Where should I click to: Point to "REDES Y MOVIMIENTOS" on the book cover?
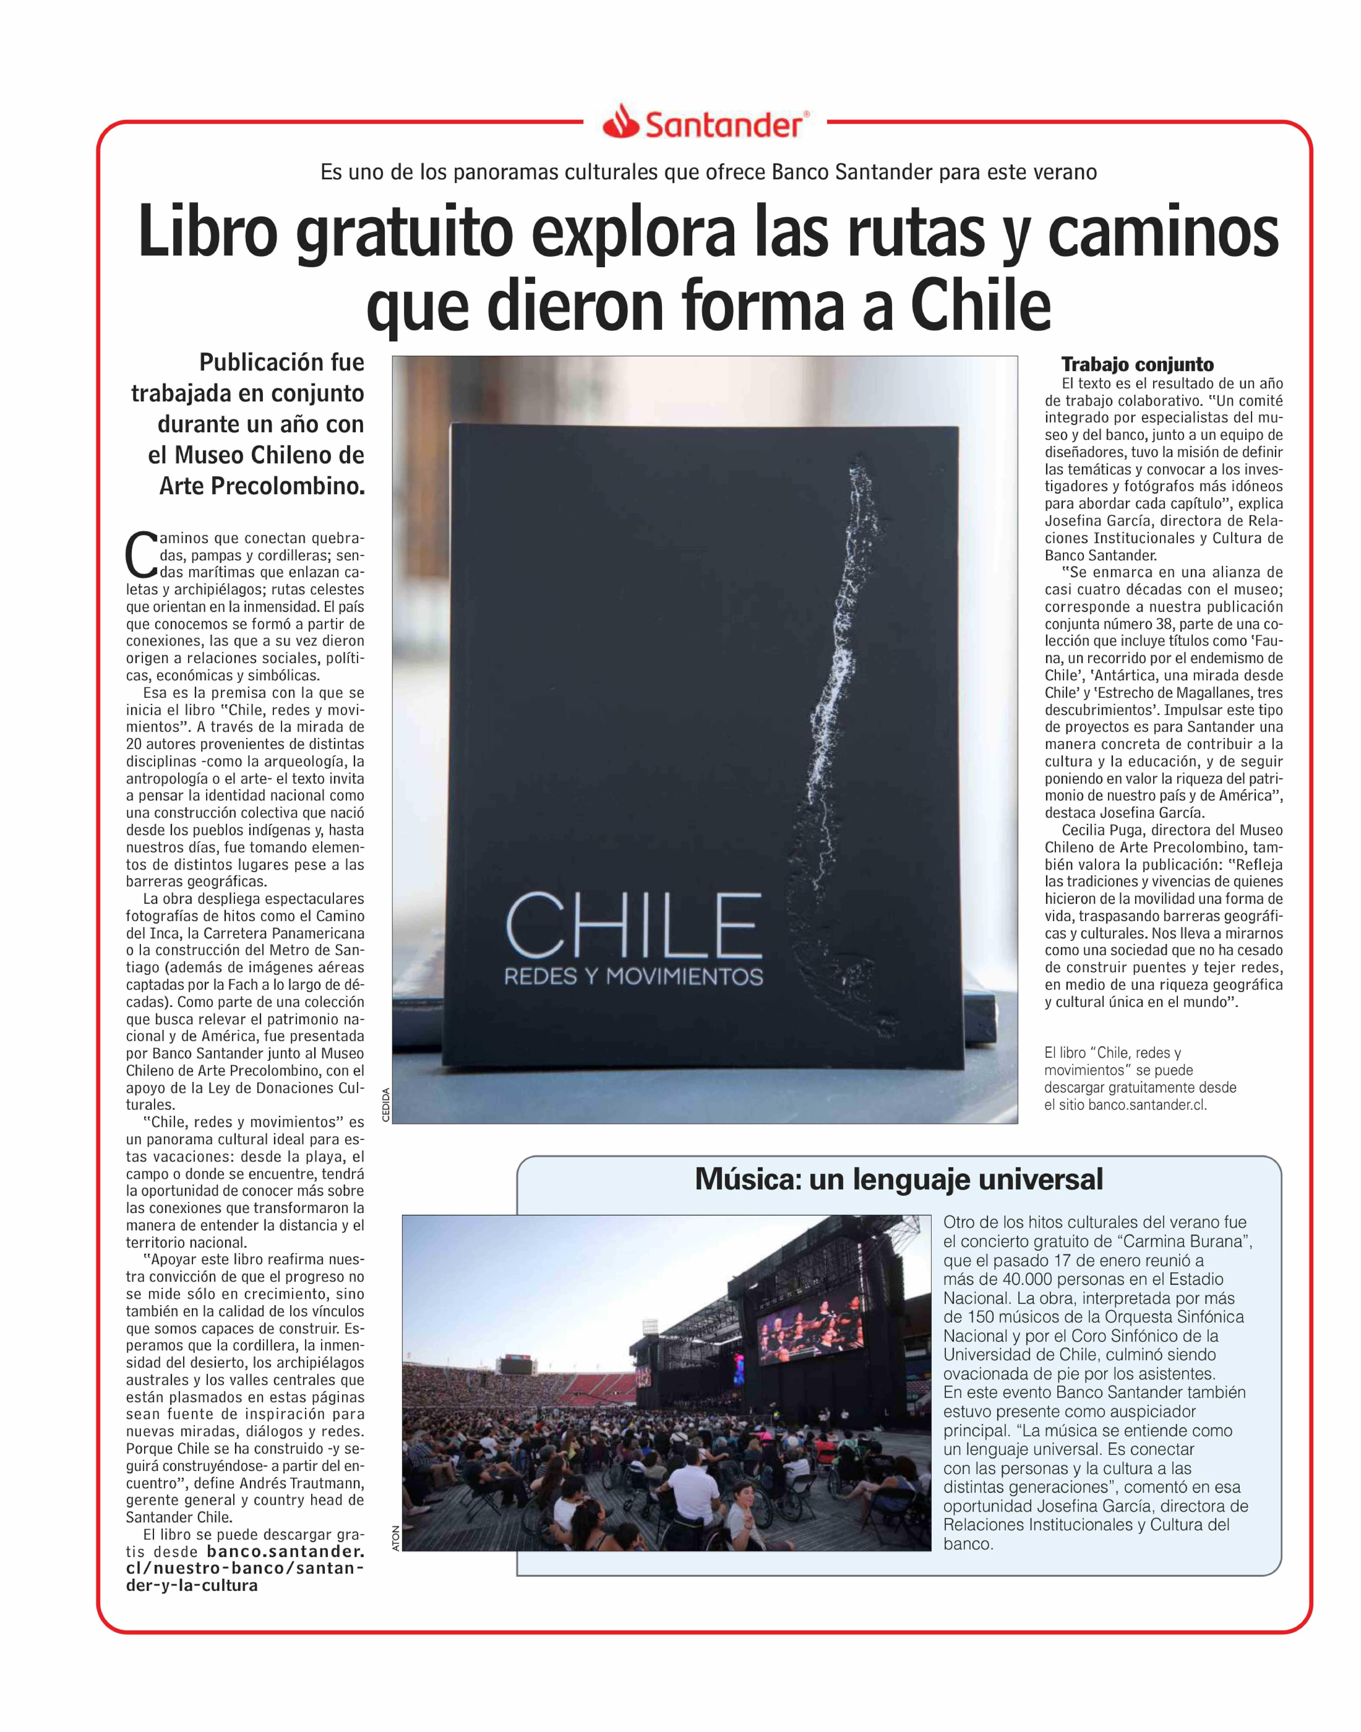coord(633,977)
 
